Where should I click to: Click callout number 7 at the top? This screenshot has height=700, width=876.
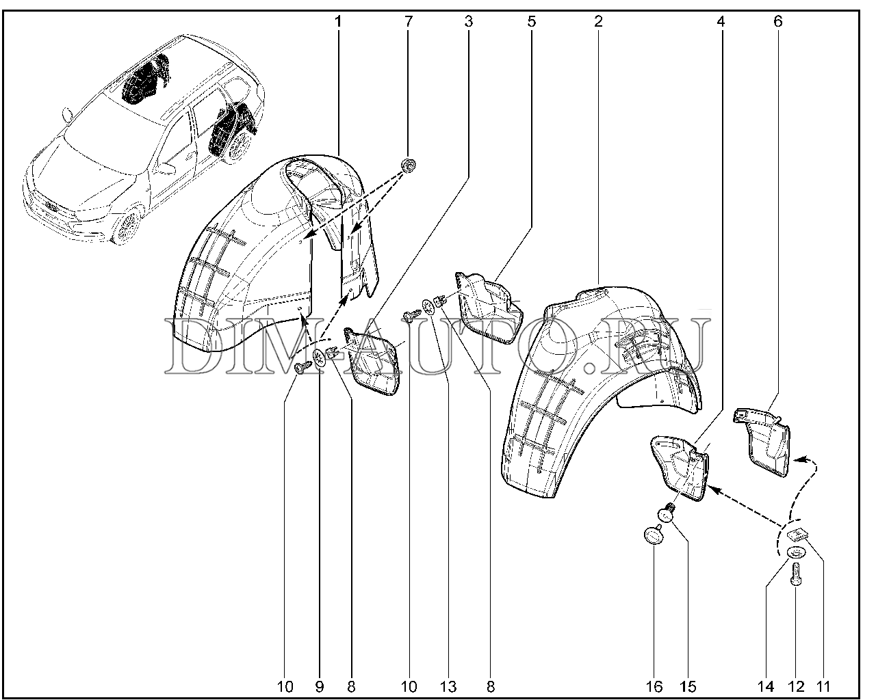409,22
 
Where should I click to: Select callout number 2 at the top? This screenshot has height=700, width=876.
598,22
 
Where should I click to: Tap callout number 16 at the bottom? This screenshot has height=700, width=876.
654,686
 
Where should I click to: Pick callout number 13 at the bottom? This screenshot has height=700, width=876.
448,686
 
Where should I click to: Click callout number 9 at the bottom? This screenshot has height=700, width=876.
320,686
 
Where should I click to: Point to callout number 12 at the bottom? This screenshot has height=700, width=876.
796,686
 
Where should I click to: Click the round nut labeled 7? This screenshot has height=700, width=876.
409,165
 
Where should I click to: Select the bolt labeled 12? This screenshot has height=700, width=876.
797,574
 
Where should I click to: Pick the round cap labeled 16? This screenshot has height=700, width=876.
654,535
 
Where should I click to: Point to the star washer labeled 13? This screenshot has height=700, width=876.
428,307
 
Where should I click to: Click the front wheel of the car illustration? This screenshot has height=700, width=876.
127,228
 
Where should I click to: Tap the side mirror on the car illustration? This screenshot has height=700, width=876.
165,167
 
